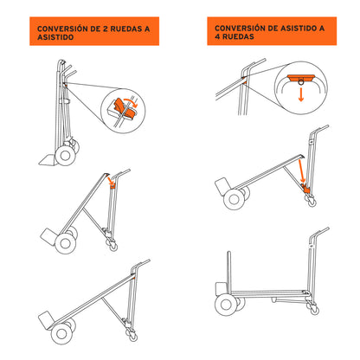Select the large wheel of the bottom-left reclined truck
point(61,332)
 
